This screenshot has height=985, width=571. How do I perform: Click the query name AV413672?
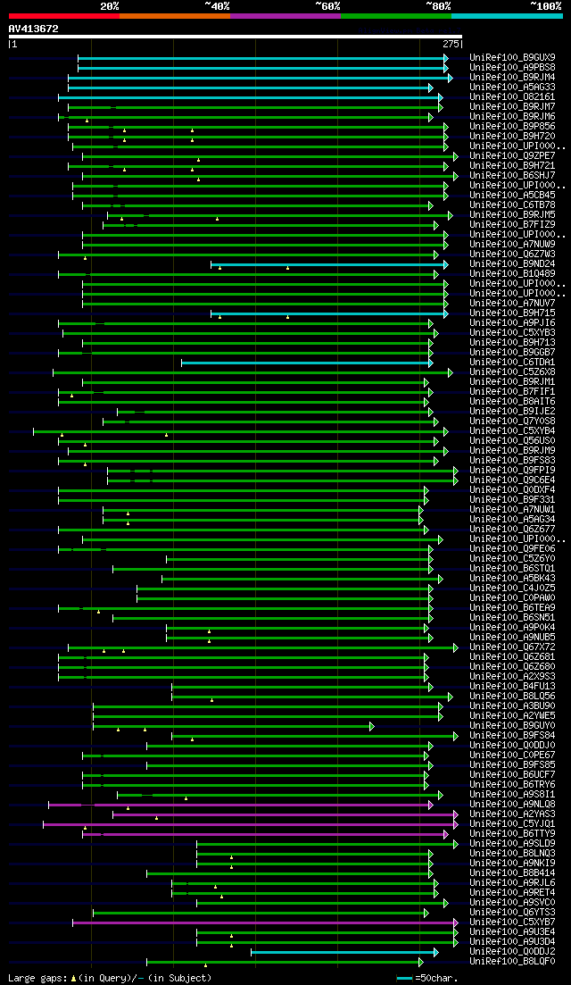coord(33,29)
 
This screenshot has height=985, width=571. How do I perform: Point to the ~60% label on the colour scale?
coord(327,5)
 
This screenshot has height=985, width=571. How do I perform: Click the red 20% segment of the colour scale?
coord(63,15)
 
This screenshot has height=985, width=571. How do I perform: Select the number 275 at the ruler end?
coord(451,43)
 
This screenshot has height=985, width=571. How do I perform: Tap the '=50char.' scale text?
coord(436,978)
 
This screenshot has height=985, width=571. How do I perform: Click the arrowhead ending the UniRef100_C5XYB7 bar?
coord(456,922)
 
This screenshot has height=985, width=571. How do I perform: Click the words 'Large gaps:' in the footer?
coord(37,978)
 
